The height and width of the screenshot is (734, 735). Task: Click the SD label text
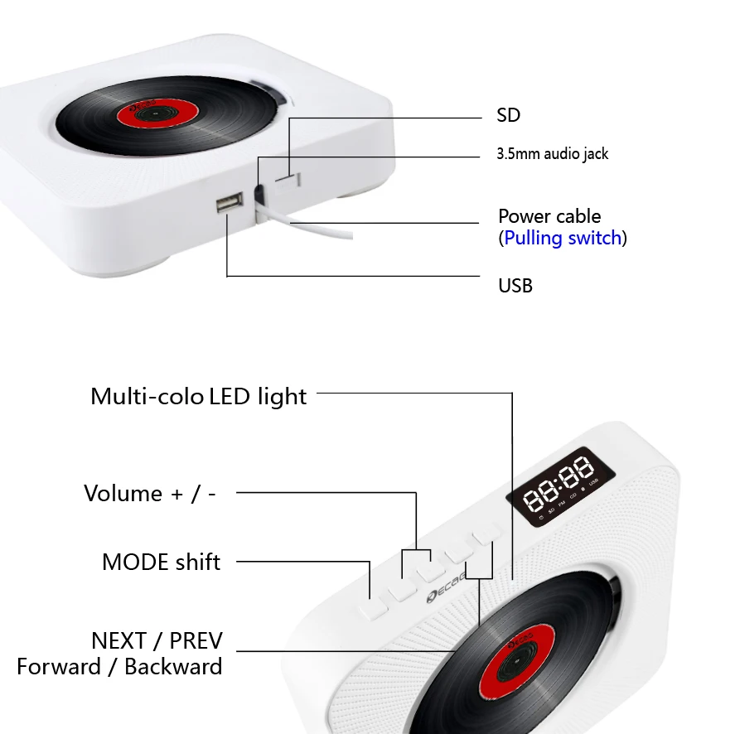[x=508, y=115]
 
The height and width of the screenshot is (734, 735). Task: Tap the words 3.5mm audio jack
[x=552, y=154]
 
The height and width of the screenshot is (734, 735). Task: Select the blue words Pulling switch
[x=563, y=239]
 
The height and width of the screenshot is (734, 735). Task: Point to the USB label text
[x=515, y=286]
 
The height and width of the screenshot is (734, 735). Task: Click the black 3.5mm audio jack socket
[x=259, y=196]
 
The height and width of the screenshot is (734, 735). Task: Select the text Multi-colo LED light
[x=198, y=397]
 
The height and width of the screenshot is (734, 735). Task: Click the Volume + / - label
[x=150, y=494]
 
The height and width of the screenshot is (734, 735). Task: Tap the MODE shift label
[x=161, y=563]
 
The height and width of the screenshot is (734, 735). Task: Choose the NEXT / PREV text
[x=157, y=640]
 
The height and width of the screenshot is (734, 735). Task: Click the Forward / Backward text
[x=119, y=666]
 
